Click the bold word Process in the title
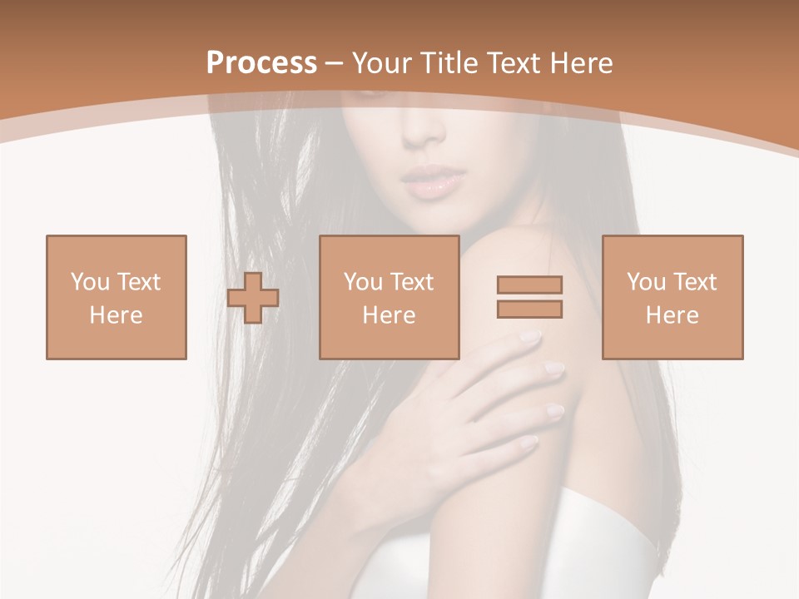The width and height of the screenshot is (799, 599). [x=261, y=63]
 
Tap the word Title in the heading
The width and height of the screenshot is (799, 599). [x=450, y=63]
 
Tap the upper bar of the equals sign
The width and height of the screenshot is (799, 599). [x=529, y=285]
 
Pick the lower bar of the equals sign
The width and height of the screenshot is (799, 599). [x=529, y=309]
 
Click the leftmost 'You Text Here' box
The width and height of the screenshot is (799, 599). [x=116, y=297]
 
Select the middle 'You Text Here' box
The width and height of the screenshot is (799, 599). [x=389, y=297]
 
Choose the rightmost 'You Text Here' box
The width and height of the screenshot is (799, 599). [x=672, y=297]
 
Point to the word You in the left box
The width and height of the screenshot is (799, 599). [x=88, y=282]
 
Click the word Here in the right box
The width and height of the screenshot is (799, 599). [x=672, y=315]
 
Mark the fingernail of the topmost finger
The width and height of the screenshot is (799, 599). [x=530, y=337]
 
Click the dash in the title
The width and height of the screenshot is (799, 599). [x=335, y=63]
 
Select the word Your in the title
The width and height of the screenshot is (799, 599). [x=384, y=63]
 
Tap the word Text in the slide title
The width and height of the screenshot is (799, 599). [x=515, y=63]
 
